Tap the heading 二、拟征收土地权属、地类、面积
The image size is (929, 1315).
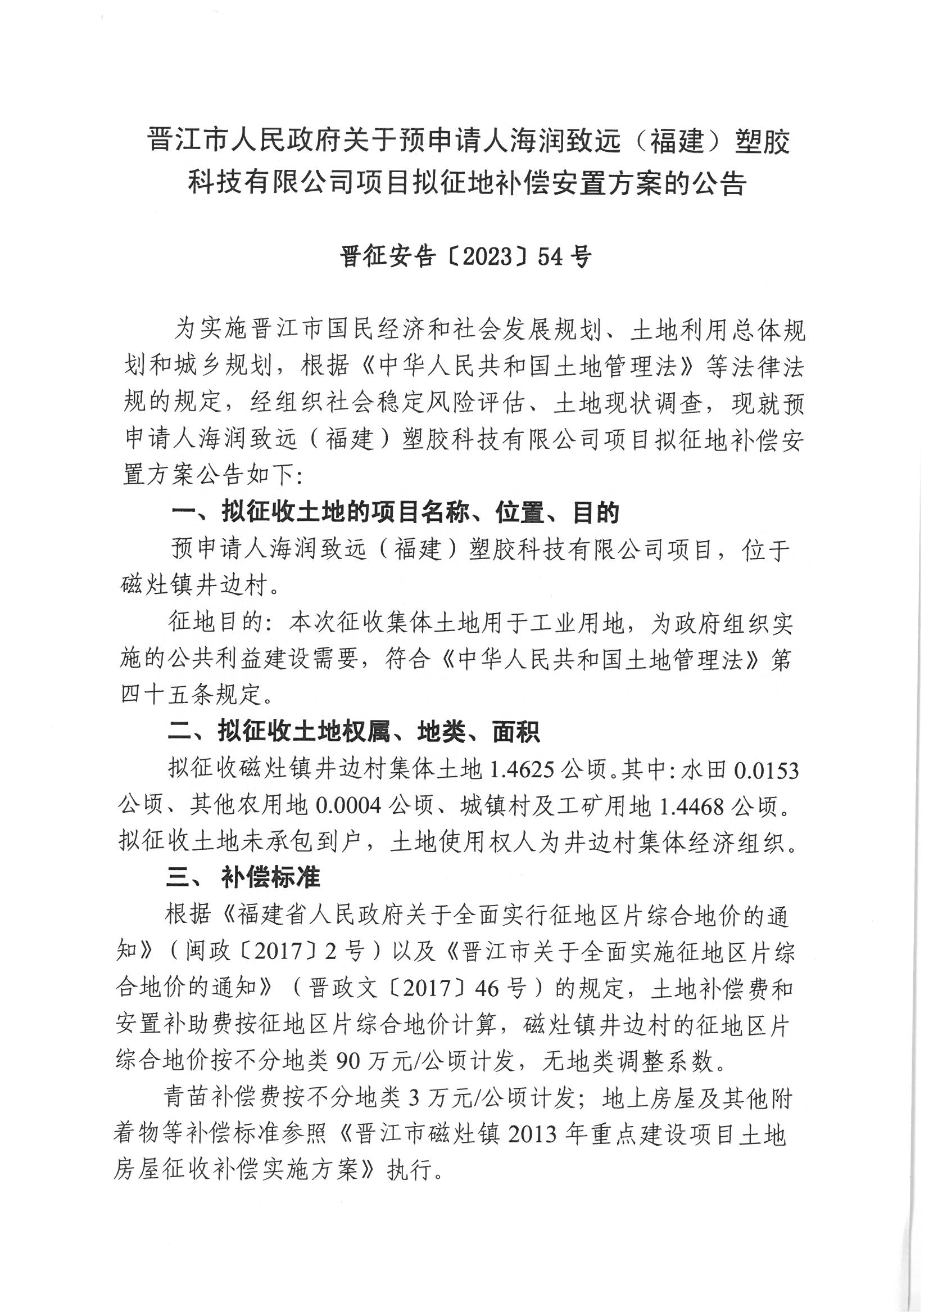pos(354,732)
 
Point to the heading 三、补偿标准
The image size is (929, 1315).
pos(243,878)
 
